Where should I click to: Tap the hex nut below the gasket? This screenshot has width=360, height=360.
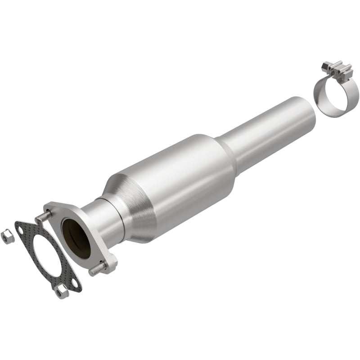pos(62,293)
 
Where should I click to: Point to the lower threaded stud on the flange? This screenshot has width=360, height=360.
pos(96,270)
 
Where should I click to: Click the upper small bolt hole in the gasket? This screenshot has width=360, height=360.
pos(21,231)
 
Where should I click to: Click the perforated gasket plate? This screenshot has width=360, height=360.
pos(30,238)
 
